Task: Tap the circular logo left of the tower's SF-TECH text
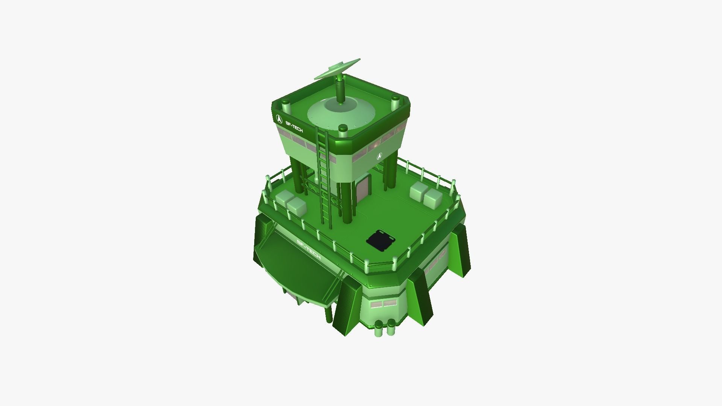pyautogui.click(x=279, y=119)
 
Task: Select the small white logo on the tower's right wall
pyautogui.click(x=379, y=156)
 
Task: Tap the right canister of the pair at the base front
pyautogui.click(x=391, y=327)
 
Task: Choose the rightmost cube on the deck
pyautogui.click(x=432, y=198)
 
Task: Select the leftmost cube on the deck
pyautogui.click(x=284, y=198)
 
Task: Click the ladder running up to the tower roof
pyautogui.click(x=324, y=177)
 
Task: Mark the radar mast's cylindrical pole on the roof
pyautogui.click(x=340, y=90)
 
